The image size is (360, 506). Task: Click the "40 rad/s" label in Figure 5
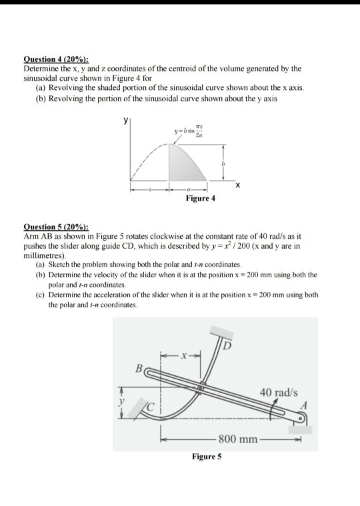279,392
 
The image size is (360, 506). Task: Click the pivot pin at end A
301,418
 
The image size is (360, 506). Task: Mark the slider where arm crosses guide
201,387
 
